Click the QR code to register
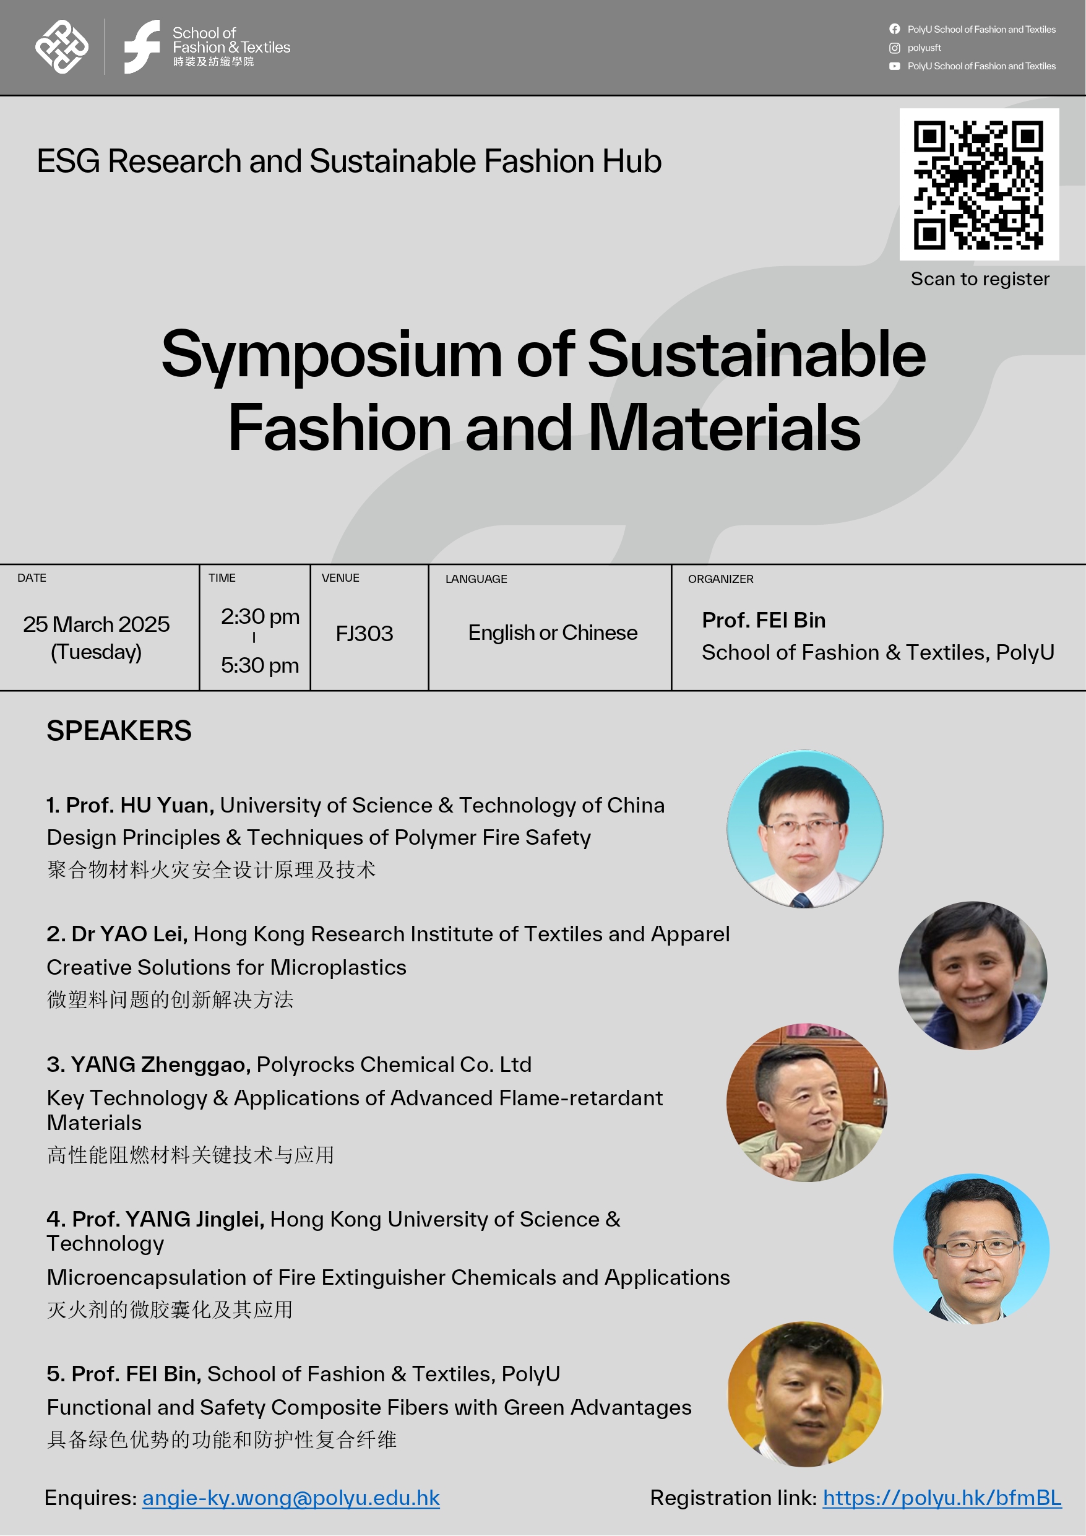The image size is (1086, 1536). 978,184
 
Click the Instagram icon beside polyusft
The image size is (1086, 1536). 894,48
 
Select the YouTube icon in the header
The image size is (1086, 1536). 894,66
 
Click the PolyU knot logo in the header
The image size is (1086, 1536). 61,47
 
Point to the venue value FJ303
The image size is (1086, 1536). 364,633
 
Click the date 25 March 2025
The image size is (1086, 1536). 97,624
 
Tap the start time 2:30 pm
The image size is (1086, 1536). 260,616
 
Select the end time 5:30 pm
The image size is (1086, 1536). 260,665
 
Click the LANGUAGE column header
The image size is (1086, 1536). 476,579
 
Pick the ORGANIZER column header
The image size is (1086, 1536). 720,579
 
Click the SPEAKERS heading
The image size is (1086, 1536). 118,730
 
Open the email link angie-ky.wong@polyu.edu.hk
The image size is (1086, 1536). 290,1497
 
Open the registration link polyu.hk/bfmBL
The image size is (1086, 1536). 941,1497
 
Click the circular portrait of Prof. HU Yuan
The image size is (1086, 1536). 804,828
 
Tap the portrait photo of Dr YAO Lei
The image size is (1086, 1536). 972,975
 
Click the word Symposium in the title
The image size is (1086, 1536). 331,355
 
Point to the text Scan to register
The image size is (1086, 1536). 980,279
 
